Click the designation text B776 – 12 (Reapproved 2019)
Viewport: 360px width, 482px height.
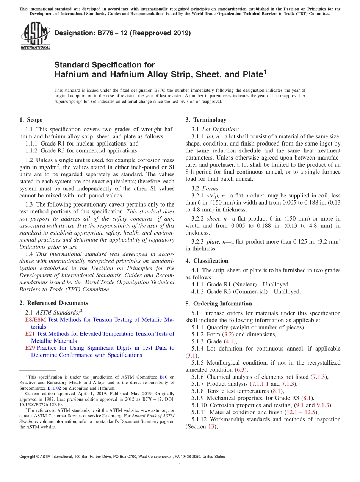tap(122, 33)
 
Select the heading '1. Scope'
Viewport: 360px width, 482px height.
tap(31, 120)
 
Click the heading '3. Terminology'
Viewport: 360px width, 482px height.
tap(206, 120)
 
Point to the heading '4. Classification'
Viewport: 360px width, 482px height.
tap(207, 261)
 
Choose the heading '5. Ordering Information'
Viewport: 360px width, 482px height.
tap(219, 304)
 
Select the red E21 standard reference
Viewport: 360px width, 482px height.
tap(30, 334)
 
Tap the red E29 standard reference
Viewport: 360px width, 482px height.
tap(30, 348)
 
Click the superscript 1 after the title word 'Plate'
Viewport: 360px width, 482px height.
tap(265, 71)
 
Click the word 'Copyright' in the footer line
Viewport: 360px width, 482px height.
tap(29, 457)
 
